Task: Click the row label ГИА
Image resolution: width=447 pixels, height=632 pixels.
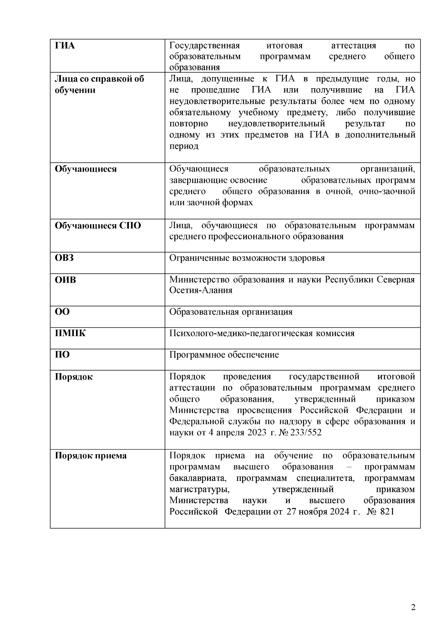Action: pos(65,46)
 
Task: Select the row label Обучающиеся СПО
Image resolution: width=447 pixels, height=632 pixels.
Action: pos(98,226)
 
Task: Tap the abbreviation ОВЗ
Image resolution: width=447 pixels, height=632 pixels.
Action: pos(64,258)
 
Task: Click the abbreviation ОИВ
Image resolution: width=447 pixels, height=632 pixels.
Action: pos(65,279)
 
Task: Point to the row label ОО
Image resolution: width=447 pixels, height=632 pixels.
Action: pos(62,312)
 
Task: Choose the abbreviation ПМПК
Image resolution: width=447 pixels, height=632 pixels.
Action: pos(70,333)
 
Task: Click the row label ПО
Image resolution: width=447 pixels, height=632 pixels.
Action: pos(62,355)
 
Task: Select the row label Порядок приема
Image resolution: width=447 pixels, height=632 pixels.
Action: pos(91,455)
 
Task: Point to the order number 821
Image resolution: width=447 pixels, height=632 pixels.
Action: pos(387,512)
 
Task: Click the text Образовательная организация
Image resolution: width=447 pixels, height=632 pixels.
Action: pos(231,312)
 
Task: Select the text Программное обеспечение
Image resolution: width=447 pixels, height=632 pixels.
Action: pos(224,355)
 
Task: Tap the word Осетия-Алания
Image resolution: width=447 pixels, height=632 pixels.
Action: pos(200,290)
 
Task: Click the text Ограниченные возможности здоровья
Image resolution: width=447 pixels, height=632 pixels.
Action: pos(247,258)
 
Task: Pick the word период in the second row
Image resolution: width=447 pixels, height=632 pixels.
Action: pos(184,146)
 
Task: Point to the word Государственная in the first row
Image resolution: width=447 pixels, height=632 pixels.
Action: pos(204,46)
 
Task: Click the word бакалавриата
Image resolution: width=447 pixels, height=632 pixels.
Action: pos(197,478)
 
